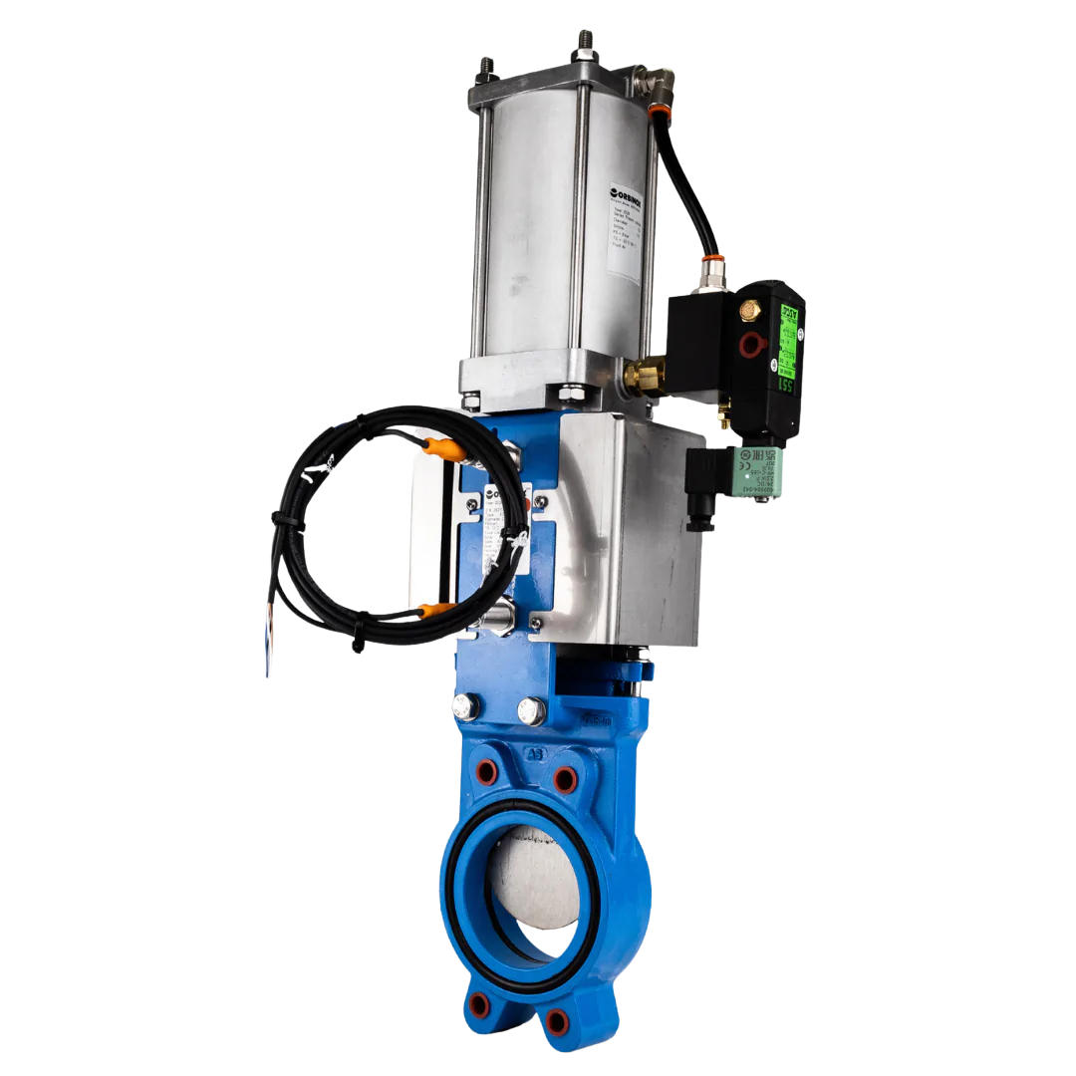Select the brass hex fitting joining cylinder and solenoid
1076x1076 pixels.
643,375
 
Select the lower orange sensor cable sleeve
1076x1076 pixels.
434,609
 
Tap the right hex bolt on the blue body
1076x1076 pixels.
530,711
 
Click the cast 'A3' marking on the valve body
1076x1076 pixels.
536,754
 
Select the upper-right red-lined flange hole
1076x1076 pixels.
565,778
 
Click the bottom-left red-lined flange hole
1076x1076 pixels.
481,1004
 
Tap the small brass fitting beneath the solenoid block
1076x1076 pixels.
725,419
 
